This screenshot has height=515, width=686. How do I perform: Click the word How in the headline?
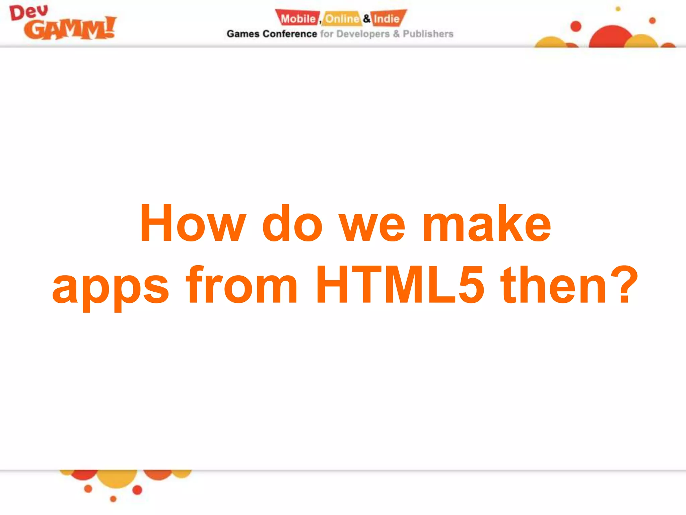[193, 223]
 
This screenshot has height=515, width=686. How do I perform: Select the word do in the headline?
[292, 223]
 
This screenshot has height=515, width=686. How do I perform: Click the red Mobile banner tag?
[297, 18]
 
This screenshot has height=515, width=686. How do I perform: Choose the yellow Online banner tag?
[342, 18]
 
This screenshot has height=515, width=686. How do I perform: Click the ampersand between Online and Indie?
[366, 18]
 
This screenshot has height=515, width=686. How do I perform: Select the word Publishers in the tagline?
[428, 34]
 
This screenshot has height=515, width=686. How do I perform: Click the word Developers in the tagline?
[363, 34]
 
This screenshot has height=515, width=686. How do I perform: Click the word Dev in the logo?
[29, 13]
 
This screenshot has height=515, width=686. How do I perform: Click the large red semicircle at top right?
[611, 37]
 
